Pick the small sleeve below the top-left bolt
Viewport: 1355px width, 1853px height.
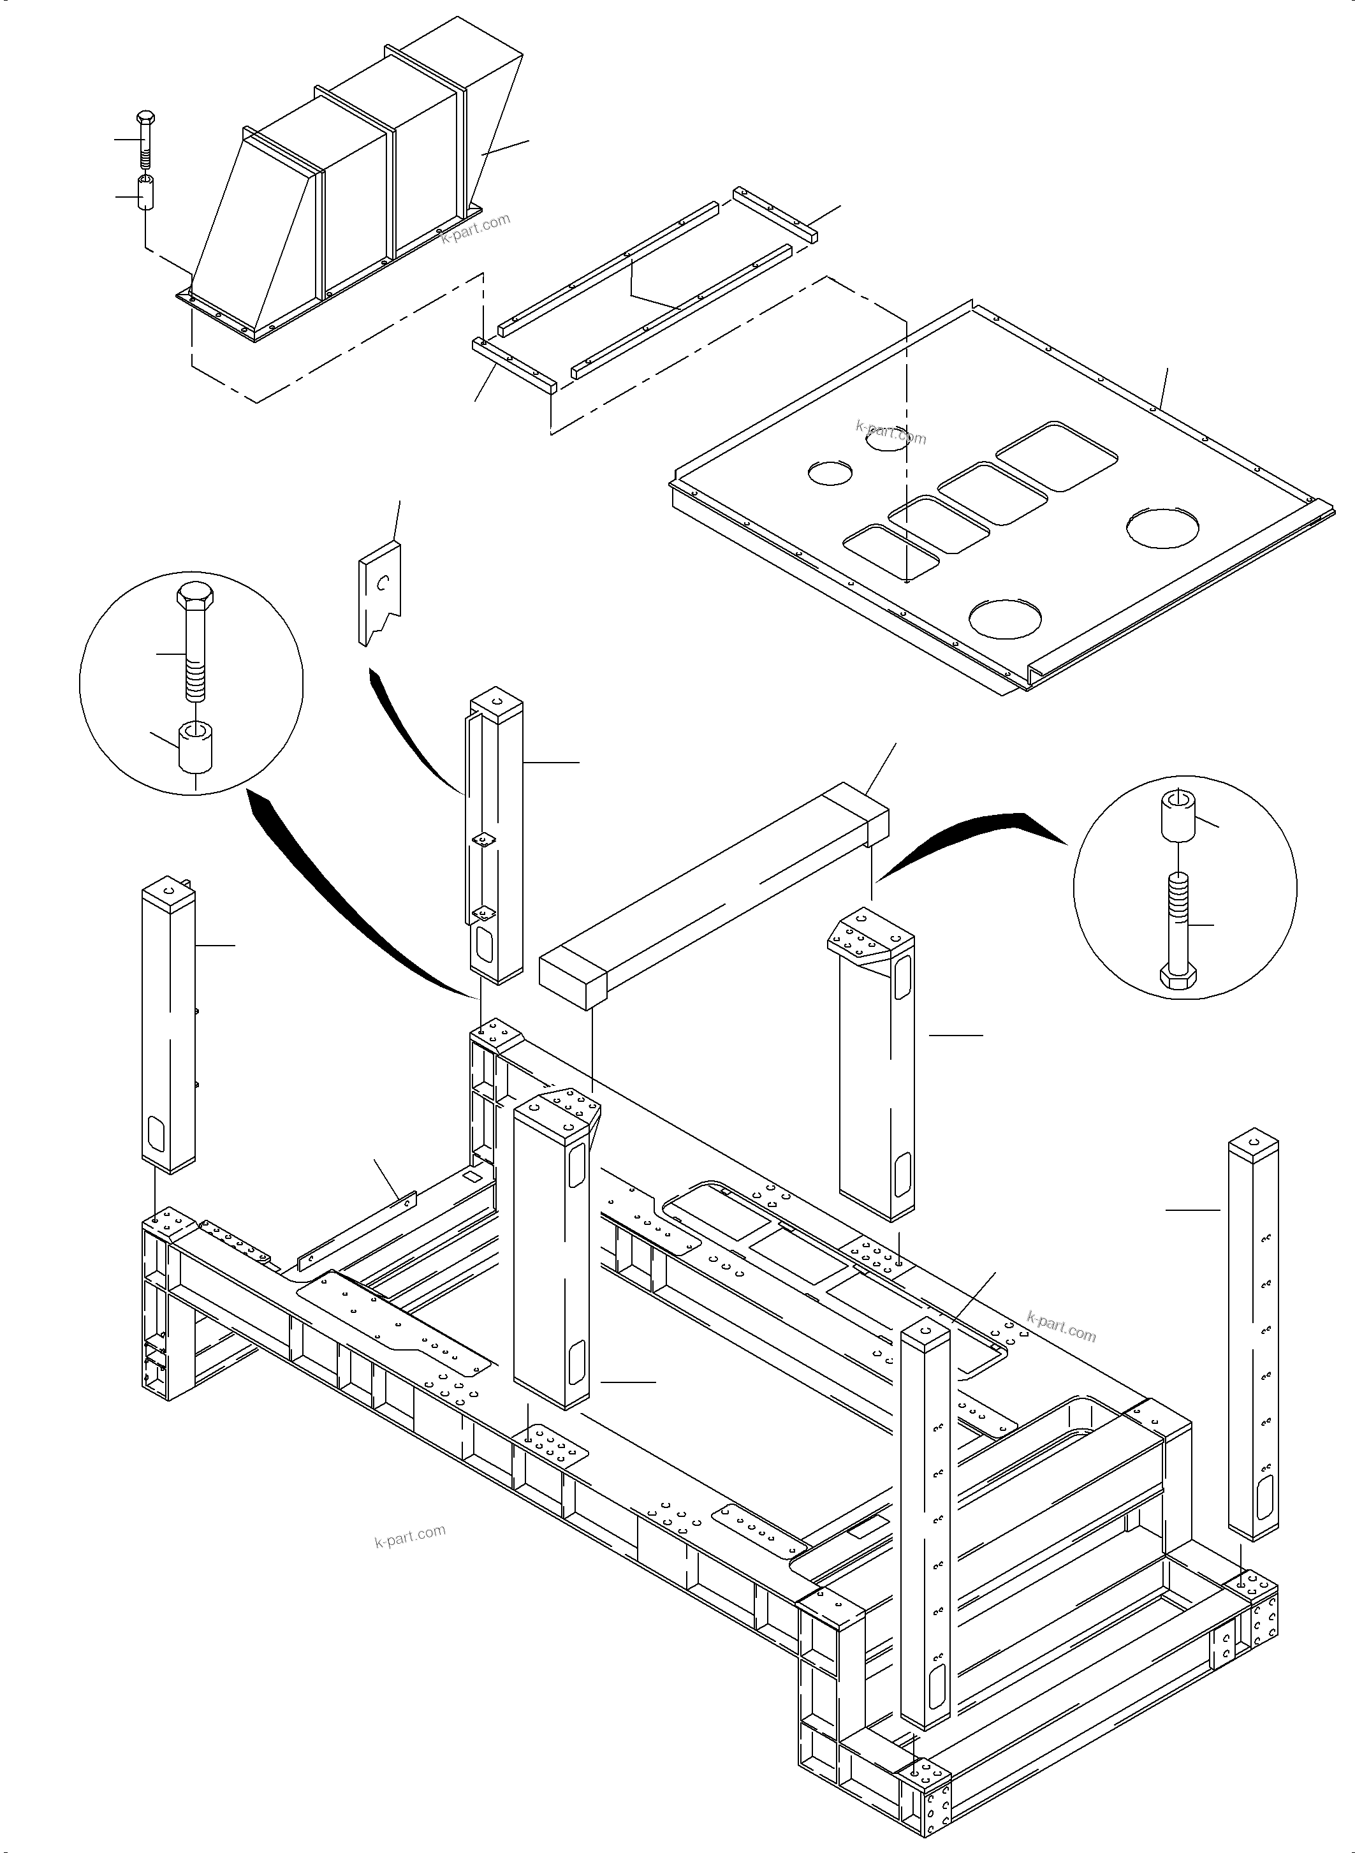[x=146, y=192]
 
